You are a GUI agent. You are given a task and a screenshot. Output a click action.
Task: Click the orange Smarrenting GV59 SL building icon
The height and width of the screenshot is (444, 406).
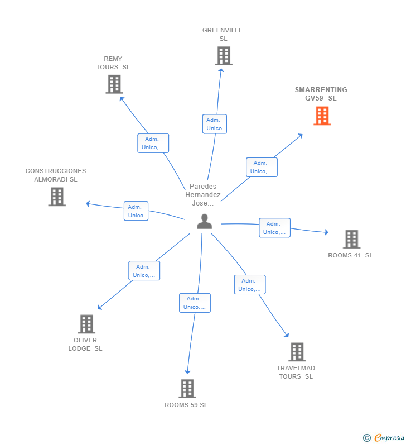click(x=322, y=116)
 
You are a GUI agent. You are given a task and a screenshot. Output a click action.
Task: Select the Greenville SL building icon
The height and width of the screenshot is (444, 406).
click(x=223, y=56)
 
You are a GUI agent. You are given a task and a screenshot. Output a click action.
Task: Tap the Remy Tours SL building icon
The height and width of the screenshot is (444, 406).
click(x=114, y=84)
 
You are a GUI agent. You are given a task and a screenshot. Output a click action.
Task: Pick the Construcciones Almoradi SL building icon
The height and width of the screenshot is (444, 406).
click(x=57, y=197)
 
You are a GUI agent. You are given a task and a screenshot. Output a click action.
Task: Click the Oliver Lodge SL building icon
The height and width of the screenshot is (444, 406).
click(x=86, y=324)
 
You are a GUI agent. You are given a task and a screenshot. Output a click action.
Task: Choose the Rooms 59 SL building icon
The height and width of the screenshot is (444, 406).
click(x=187, y=389)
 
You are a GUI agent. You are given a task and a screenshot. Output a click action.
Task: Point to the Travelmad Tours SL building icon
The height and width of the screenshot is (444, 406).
click(x=297, y=352)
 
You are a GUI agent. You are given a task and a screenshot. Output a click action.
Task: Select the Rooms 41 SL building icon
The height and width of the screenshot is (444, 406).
click(x=351, y=239)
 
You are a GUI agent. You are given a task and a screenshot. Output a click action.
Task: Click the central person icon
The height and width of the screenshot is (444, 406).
click(x=205, y=222)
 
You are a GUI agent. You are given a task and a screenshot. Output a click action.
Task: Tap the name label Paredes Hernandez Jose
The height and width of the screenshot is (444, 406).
click(x=203, y=195)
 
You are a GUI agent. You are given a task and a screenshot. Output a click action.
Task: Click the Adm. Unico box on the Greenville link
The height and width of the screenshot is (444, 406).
click(x=214, y=124)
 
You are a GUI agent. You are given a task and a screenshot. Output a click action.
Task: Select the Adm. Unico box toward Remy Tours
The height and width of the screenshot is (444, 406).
click(x=153, y=143)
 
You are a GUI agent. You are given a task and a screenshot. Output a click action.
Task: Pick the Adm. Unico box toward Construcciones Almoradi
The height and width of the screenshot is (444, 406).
click(x=136, y=211)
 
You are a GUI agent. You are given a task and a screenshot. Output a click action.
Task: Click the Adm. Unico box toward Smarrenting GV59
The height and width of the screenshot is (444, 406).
click(x=261, y=167)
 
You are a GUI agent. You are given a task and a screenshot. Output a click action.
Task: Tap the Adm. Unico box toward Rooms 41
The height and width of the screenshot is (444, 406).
click(x=274, y=228)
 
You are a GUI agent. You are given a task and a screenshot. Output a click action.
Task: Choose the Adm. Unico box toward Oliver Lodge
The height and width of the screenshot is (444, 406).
click(x=144, y=271)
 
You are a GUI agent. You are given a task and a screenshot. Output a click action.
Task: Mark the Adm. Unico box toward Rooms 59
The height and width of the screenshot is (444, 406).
click(x=195, y=303)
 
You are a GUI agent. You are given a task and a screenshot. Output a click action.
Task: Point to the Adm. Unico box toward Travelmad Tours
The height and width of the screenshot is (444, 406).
click(x=249, y=285)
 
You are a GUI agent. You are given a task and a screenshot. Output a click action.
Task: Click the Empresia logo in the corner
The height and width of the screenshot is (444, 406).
click(x=385, y=437)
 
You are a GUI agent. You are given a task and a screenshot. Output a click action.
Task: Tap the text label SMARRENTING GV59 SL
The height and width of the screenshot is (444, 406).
click(x=321, y=94)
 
